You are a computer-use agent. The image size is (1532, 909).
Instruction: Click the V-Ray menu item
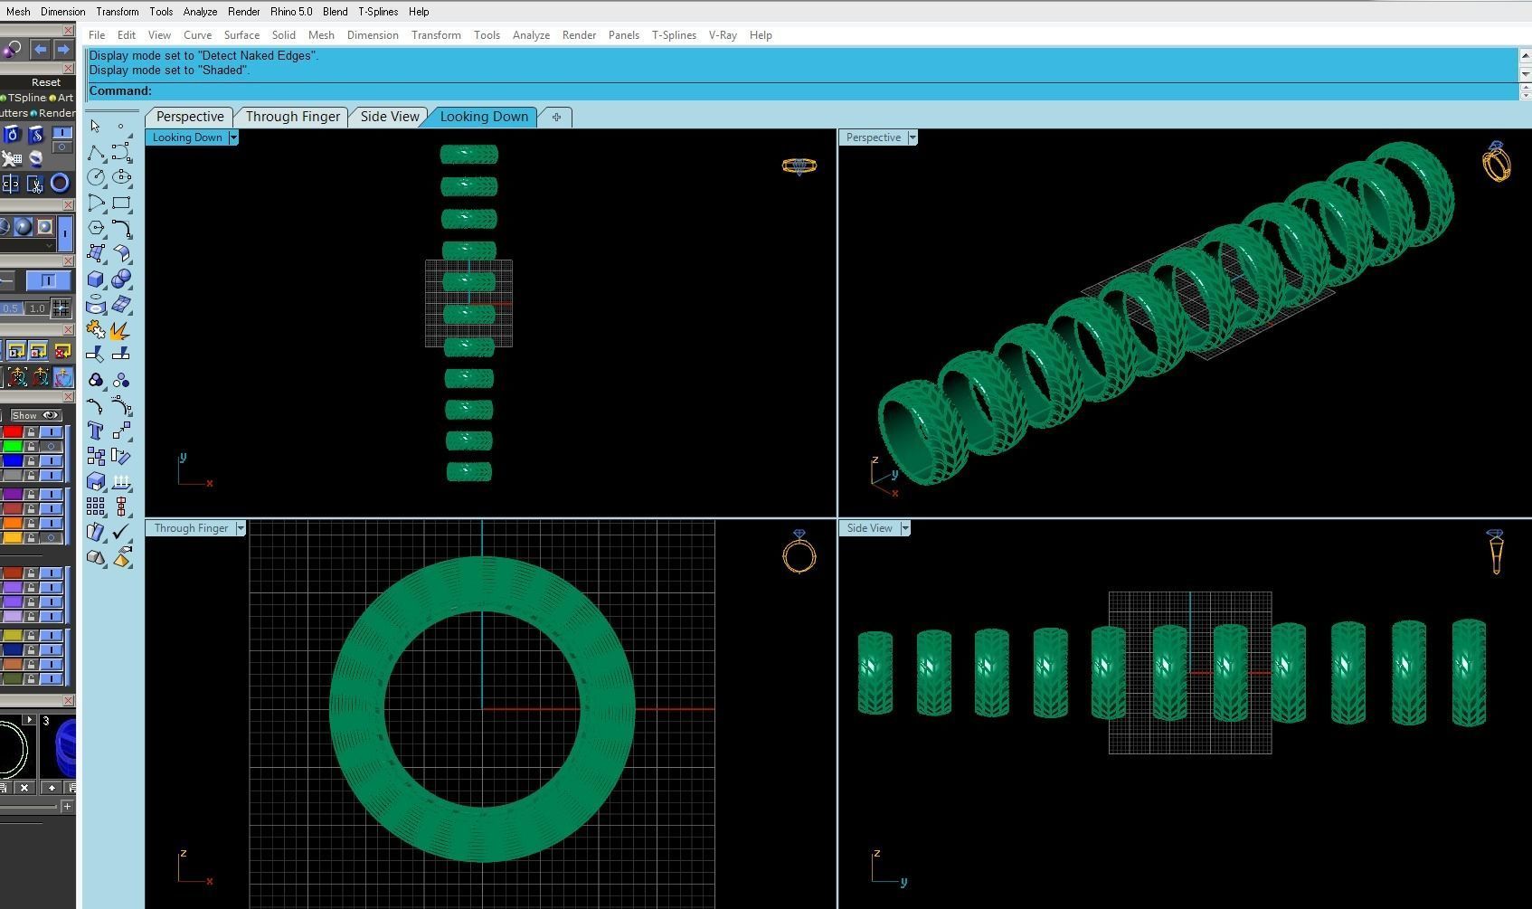click(x=722, y=35)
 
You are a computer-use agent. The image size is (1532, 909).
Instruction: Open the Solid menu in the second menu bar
click(x=283, y=35)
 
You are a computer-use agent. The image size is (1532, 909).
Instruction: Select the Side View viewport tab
click(x=390, y=117)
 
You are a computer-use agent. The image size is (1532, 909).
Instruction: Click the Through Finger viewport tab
click(x=292, y=117)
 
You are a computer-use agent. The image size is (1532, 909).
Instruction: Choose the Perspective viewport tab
click(x=190, y=117)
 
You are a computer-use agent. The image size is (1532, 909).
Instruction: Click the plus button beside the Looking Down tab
click(x=556, y=117)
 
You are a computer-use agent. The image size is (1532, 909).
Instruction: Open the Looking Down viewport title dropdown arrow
click(x=233, y=137)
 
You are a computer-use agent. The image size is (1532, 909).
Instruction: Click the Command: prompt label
click(x=120, y=90)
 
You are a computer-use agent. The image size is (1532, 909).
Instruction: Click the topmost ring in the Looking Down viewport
click(x=468, y=155)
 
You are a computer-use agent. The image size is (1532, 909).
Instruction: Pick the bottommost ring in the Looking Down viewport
click(x=468, y=471)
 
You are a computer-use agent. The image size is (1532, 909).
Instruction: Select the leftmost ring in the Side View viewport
click(x=875, y=672)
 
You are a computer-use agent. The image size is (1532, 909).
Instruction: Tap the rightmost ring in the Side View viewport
click(x=1469, y=672)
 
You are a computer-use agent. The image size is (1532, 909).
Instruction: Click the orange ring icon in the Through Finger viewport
click(x=799, y=553)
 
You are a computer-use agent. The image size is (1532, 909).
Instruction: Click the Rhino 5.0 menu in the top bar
click(x=290, y=12)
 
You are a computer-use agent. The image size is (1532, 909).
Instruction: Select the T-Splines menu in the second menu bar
click(x=674, y=35)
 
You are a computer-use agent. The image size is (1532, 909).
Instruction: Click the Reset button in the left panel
click(x=45, y=82)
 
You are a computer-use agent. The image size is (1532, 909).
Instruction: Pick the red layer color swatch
click(x=13, y=431)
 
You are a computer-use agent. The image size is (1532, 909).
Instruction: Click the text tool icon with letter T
click(x=96, y=431)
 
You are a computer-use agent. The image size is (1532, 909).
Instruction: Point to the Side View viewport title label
click(x=869, y=528)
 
